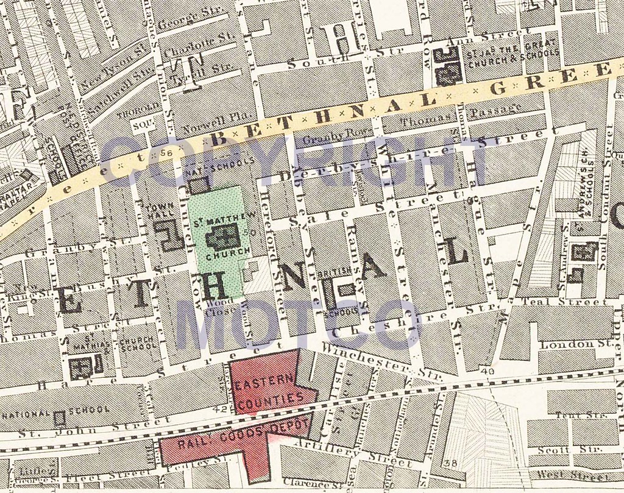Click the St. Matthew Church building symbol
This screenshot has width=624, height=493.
222,236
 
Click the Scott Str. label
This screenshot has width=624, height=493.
569,450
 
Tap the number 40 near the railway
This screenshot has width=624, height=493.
486,371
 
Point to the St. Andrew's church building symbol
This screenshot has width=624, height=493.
589,251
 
